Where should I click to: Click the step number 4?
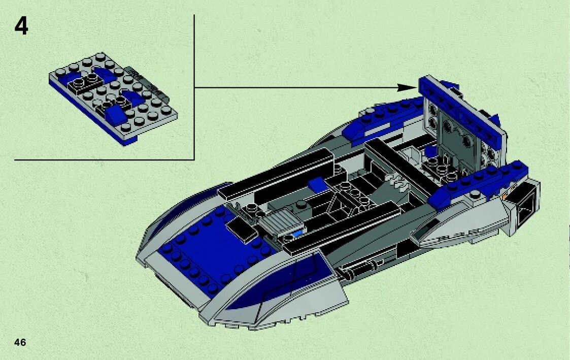[21, 27]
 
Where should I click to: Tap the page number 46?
[20, 342]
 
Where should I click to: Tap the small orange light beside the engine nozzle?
[504, 195]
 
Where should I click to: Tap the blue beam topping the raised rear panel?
[462, 101]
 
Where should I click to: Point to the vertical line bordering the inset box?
[195, 86]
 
